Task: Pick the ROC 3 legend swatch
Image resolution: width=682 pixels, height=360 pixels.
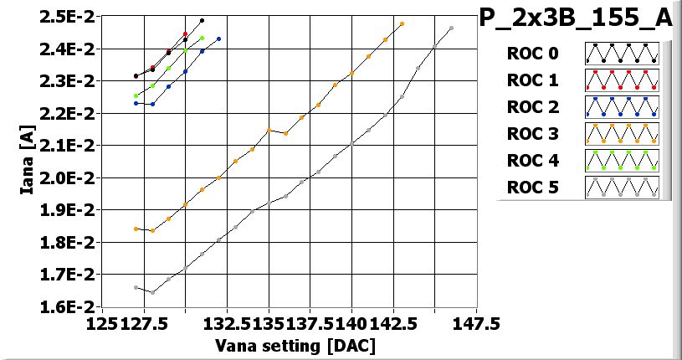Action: (x=622, y=134)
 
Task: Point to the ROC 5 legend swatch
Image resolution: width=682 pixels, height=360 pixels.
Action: (x=622, y=188)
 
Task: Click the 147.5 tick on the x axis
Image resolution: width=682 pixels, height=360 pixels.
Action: (x=476, y=323)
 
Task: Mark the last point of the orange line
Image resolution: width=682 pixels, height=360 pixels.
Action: (x=402, y=24)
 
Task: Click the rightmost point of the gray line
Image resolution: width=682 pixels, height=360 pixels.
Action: (x=451, y=28)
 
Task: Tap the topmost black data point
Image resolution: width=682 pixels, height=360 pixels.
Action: (x=203, y=20)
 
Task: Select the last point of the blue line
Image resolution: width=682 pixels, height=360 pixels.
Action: (x=219, y=39)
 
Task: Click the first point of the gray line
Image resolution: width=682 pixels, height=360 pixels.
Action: (x=136, y=287)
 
